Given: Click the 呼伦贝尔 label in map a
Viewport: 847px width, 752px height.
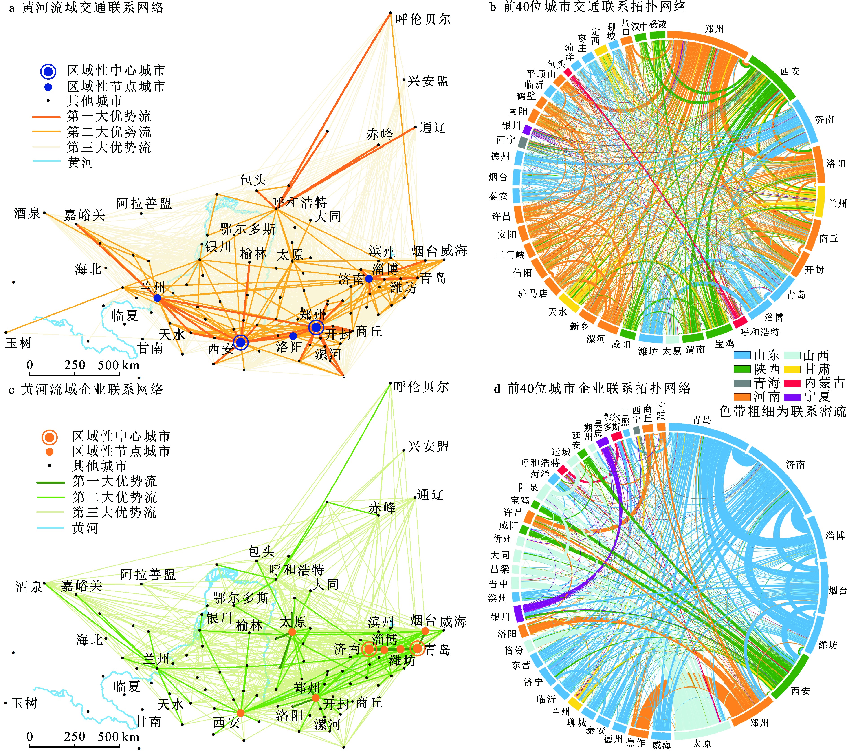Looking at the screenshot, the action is coord(423,19).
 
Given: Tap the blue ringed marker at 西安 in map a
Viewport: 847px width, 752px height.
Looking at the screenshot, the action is coord(241,342).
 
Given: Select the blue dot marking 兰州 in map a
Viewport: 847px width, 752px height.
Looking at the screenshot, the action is coord(157,298).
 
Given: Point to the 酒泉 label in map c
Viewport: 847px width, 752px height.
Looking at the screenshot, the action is coord(28,587).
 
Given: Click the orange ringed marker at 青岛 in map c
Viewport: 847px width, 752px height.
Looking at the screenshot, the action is coord(418,648).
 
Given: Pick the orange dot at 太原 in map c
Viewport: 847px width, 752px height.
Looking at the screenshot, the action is coord(292,632).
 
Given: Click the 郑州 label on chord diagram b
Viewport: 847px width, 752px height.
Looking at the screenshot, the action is coord(714,29).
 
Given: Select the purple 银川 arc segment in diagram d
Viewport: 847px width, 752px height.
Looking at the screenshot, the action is coord(518,613).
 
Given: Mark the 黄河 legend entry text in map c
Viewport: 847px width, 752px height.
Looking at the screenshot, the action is coord(85,528).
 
